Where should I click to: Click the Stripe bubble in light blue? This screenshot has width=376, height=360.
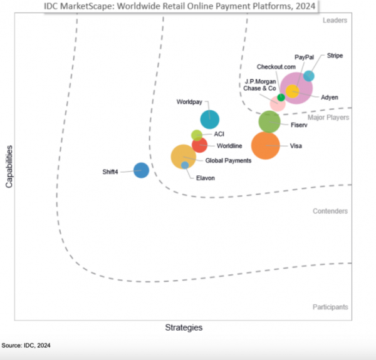click(309, 76)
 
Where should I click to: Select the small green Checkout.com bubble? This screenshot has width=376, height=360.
click(281, 97)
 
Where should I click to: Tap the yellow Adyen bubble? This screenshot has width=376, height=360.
click(292, 91)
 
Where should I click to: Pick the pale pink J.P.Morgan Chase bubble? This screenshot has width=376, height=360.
click(276, 105)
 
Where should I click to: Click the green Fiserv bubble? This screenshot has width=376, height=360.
click(269, 121)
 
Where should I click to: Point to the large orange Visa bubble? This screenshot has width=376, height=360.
click(265, 147)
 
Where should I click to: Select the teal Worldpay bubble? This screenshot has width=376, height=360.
click(209, 118)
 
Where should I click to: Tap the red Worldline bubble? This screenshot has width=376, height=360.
click(199, 145)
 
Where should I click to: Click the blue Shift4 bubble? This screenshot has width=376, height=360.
click(142, 170)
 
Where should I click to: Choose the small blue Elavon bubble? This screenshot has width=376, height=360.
click(185, 165)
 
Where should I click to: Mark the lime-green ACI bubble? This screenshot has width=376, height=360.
click(196, 135)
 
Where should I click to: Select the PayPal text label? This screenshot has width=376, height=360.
click(304, 57)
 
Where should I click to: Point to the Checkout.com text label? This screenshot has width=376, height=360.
click(276, 67)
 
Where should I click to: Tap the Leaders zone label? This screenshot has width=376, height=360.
click(335, 20)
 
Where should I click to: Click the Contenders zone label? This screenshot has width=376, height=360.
click(330, 211)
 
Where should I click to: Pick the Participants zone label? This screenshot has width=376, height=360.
click(330, 307)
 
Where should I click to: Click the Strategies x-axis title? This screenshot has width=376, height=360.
click(184, 327)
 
